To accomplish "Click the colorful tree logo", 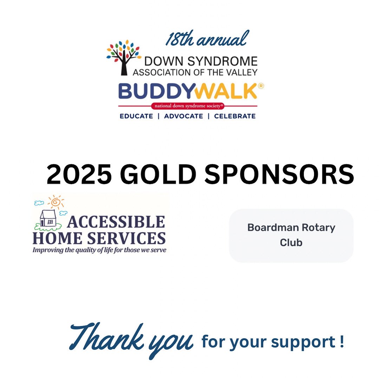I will tap(123, 57).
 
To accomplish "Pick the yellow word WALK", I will tap(225, 92).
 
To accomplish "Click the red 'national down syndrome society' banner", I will tap(188, 106).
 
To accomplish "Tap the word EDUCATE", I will tap(136, 116).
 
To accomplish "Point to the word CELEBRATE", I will tap(235, 116).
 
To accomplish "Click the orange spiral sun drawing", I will tap(56, 202).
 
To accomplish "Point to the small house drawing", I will tap(48, 218).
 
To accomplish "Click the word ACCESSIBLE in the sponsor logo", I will tap(116, 222).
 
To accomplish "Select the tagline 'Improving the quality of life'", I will tap(99, 250).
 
